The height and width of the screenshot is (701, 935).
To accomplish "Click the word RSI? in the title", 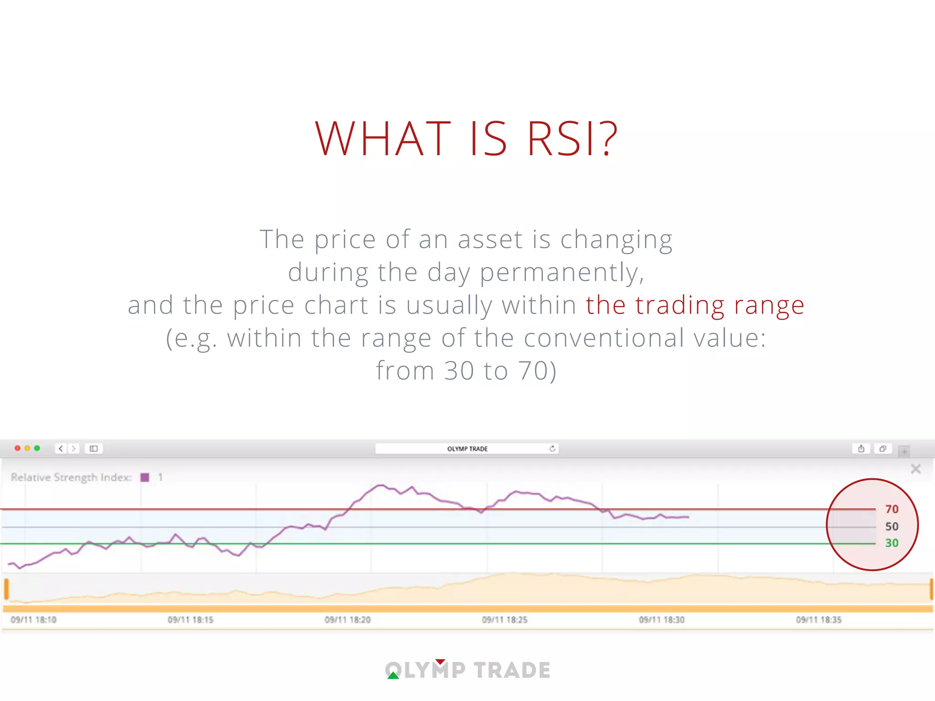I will point(573,138).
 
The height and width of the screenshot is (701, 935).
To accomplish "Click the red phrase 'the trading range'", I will point(694,305).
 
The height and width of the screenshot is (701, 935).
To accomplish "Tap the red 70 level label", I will point(891,509).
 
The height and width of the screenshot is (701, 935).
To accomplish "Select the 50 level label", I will point(891,527).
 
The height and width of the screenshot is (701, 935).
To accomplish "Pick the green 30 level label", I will point(891,543).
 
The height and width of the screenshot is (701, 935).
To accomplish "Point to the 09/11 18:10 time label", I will point(33,620).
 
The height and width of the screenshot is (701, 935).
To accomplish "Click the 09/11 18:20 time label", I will point(347,620).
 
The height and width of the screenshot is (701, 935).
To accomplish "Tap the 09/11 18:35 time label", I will point(819,620).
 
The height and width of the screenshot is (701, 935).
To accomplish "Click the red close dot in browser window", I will point(17,448).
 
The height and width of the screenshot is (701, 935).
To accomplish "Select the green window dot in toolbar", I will point(37,448).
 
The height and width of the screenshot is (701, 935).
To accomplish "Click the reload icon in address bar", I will point(552,449).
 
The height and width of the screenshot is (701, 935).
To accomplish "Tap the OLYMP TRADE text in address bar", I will point(467,449).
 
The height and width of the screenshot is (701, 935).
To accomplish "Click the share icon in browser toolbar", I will point(861,449).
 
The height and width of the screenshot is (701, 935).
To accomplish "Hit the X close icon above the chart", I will point(915,469).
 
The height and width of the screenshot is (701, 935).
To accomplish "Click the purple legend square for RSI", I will point(145,477).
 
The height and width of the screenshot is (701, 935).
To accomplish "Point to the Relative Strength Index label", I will point(71,477).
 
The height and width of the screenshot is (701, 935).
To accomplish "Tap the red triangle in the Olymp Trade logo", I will point(440,662).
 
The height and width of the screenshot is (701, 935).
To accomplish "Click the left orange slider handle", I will point(6,589).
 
